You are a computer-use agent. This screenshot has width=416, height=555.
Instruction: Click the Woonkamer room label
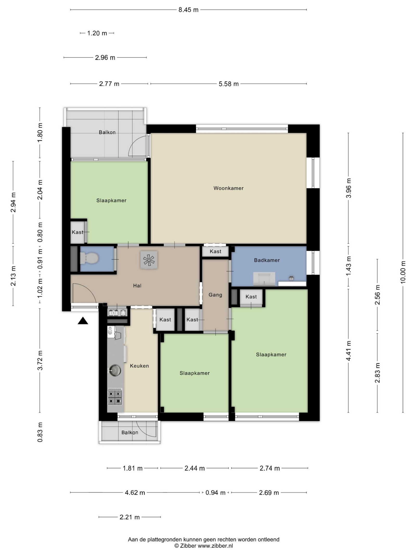[229, 188]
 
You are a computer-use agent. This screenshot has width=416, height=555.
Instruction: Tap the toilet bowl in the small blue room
[89, 258]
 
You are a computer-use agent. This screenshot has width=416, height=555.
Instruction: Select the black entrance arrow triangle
[83, 321]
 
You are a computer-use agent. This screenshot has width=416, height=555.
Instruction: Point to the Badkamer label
[267, 260]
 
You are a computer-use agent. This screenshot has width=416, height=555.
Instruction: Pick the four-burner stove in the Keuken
[115, 397]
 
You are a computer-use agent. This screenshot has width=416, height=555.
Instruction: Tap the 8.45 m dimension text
[188, 10]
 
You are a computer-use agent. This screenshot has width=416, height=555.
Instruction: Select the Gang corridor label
[215, 295]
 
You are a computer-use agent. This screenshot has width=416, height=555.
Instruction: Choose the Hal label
[137, 286]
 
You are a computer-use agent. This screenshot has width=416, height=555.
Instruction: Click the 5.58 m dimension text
[229, 84]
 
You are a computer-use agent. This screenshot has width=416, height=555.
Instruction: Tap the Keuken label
[139, 366]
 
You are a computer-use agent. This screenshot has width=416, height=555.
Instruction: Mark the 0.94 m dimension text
[215, 493]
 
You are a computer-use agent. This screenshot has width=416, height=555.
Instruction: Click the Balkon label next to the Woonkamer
[107, 132]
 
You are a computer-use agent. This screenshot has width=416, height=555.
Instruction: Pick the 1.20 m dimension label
[97, 33]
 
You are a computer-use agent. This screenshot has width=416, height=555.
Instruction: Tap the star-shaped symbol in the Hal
[149, 260]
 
